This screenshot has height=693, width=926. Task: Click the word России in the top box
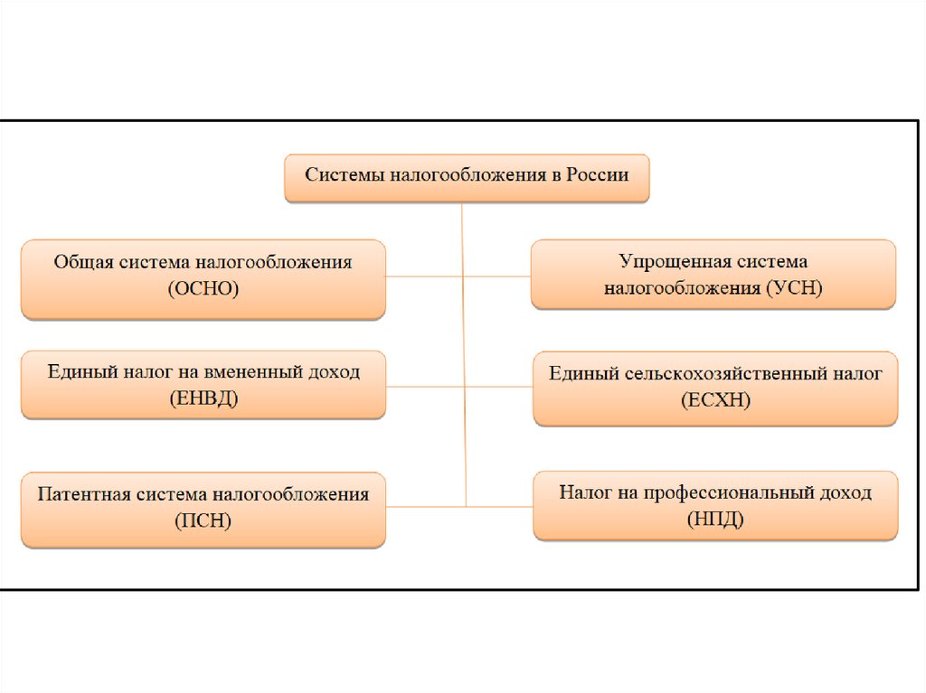click(x=597, y=173)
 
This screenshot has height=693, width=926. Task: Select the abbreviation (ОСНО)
click(x=203, y=289)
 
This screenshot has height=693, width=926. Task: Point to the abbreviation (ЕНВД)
click(x=203, y=398)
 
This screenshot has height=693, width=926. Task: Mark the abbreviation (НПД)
click(x=715, y=518)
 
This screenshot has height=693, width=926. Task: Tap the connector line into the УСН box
click(x=497, y=276)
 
